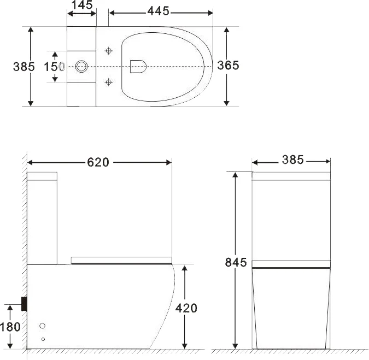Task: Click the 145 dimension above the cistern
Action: (x=81, y=5)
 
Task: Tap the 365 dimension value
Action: (x=228, y=65)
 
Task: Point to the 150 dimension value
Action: (x=51, y=67)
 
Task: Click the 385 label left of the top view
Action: (x=24, y=67)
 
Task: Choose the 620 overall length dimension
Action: (x=98, y=162)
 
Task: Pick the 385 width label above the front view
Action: (x=292, y=160)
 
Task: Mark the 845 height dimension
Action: (x=236, y=263)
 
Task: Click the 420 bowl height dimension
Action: (x=186, y=308)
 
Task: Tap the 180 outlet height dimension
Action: (x=10, y=327)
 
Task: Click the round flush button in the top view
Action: (x=81, y=67)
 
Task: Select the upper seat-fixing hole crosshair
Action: (x=109, y=51)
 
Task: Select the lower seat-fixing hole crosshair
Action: (x=109, y=82)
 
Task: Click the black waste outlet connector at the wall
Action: (x=24, y=303)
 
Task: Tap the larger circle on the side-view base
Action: (x=43, y=326)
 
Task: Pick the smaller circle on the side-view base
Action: (x=43, y=339)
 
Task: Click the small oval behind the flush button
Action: (x=62, y=67)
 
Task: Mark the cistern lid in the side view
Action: (x=43, y=176)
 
